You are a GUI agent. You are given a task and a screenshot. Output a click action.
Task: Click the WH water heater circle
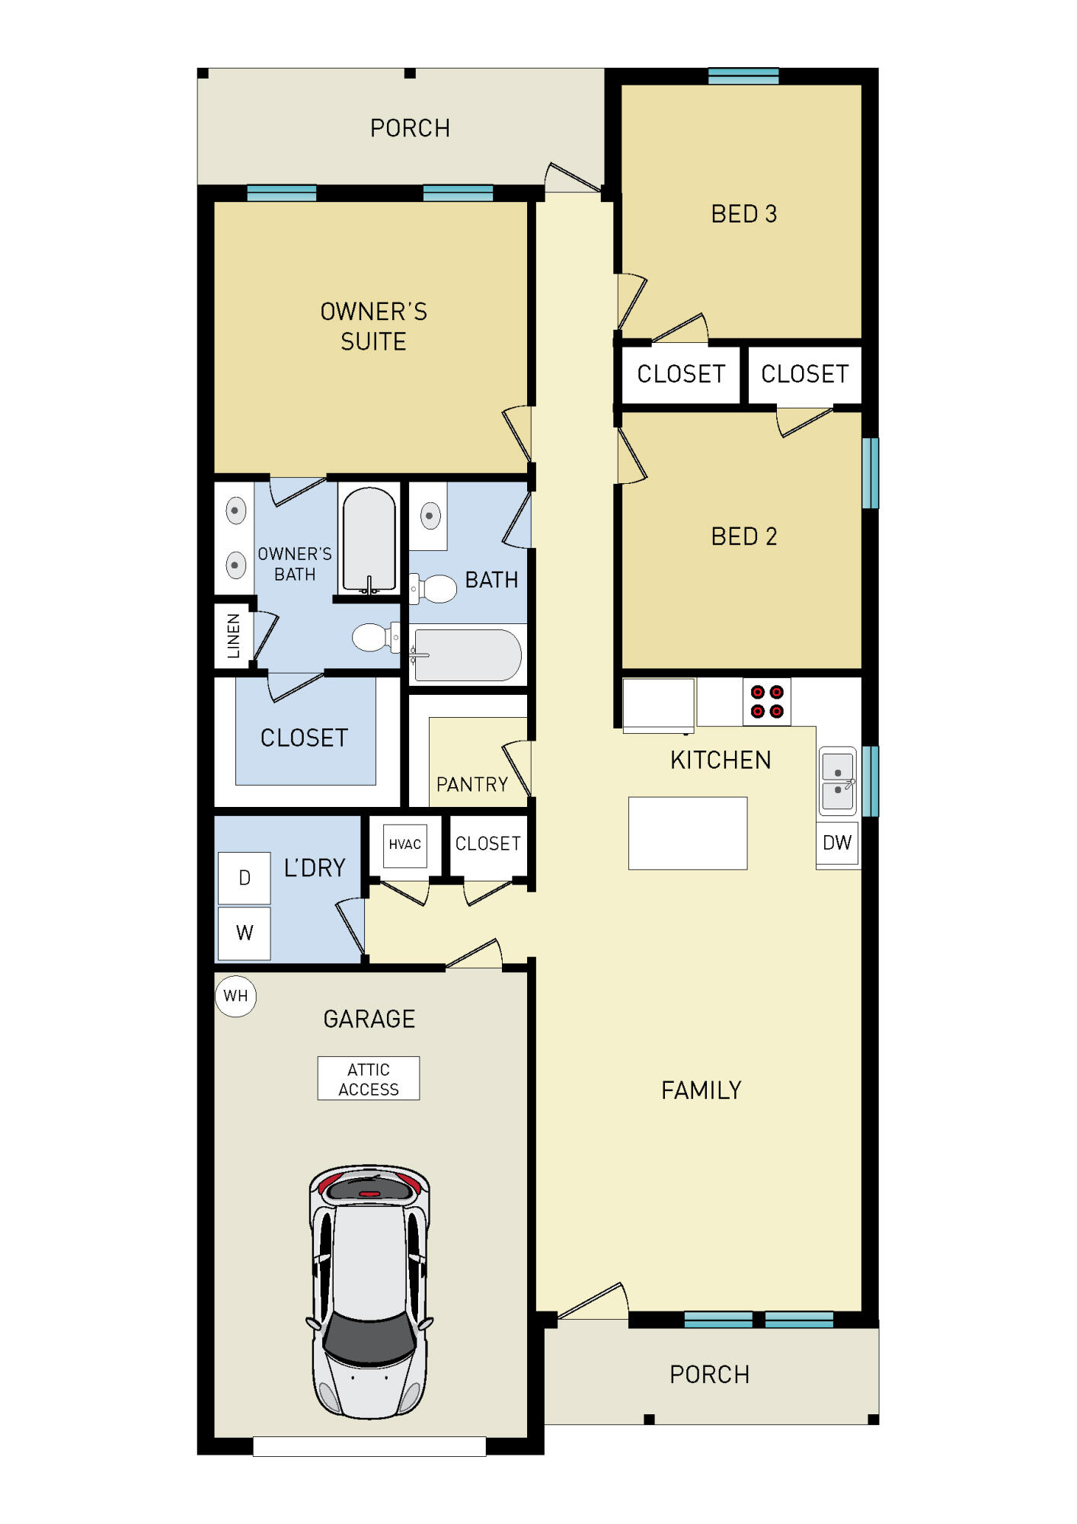tap(235, 995)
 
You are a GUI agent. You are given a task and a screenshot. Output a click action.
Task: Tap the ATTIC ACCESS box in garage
tap(368, 1078)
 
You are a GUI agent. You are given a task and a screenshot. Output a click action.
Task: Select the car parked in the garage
tap(369, 1291)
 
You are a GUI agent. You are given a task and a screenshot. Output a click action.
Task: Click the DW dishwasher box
tap(837, 843)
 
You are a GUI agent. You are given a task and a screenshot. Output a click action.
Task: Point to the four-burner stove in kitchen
tap(766, 702)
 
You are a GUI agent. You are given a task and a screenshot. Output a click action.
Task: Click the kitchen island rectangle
tap(687, 833)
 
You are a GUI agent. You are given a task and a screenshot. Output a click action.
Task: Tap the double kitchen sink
tap(837, 781)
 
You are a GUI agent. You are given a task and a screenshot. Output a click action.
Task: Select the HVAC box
tap(404, 845)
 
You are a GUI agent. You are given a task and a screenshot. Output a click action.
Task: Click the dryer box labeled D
tap(244, 878)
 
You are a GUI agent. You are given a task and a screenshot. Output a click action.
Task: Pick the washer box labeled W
tap(244, 933)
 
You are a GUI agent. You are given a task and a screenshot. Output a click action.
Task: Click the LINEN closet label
tap(233, 636)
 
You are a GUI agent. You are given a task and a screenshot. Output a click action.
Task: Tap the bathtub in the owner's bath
tap(369, 539)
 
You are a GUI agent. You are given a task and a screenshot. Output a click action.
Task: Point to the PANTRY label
tap(471, 784)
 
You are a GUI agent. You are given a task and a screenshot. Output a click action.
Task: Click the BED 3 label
tap(743, 214)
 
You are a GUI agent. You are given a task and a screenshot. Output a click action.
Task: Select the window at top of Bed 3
tap(743, 75)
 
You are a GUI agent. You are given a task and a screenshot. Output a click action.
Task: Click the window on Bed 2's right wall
tap(870, 472)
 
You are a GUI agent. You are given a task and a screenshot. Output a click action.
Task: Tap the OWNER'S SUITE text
tap(373, 326)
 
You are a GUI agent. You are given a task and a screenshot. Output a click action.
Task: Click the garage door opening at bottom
tap(369, 1446)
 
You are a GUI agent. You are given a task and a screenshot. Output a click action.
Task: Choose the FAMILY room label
tap(701, 1090)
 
